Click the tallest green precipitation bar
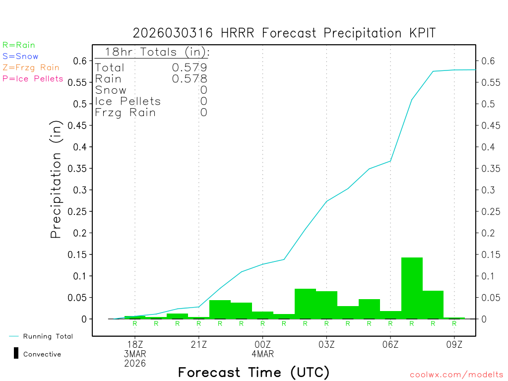pyautogui.click(x=412, y=288)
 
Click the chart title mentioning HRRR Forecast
pyautogui.click(x=284, y=33)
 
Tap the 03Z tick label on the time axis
pyautogui.click(x=326, y=345)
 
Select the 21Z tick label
pyautogui.click(x=199, y=345)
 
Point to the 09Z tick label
pyautogui.click(x=454, y=345)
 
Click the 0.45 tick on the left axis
pyautogui.click(x=79, y=126)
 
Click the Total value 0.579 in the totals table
pyautogui.click(x=190, y=67)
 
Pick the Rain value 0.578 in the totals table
pyautogui.click(x=190, y=79)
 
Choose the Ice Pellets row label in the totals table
pyautogui.click(x=128, y=101)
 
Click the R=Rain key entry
pyautogui.click(x=19, y=45)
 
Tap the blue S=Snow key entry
pyautogui.click(x=20, y=57)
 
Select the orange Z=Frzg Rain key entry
pyautogui.click(x=31, y=67)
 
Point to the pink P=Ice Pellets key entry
pyautogui.click(x=33, y=79)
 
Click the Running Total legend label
pyautogui.click(x=48, y=336)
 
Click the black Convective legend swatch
pyautogui.click(x=16, y=354)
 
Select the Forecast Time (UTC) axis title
pyautogui.click(x=254, y=372)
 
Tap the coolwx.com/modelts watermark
pyautogui.click(x=456, y=375)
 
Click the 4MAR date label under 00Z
pyautogui.click(x=263, y=354)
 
